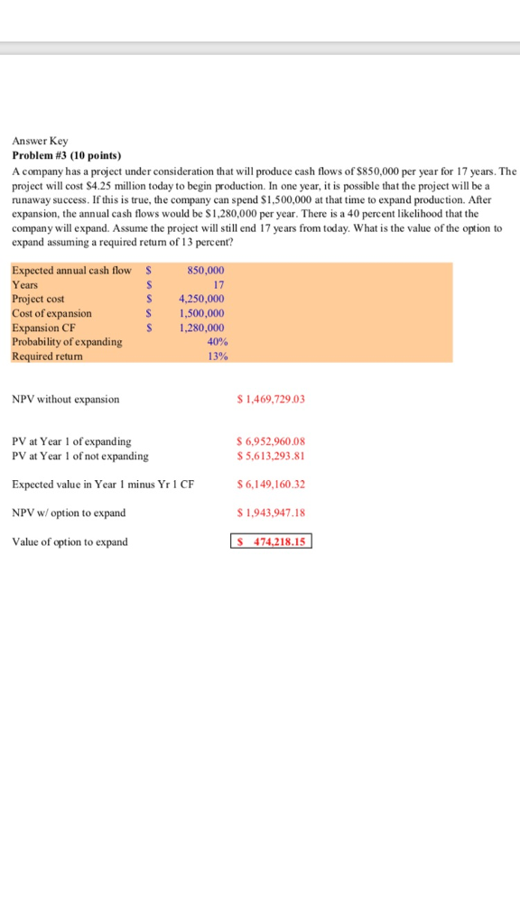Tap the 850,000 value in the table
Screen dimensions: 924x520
click(x=206, y=270)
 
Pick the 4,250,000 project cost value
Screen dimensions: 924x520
click(x=201, y=299)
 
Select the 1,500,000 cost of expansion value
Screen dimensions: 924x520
click(x=201, y=313)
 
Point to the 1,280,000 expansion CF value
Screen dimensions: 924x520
click(x=201, y=328)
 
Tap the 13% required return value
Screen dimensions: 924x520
click(x=216, y=356)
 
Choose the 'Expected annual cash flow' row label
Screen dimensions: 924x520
click(x=71, y=270)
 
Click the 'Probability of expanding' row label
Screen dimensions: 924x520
click(x=67, y=342)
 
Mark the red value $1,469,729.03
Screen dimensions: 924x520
click(x=270, y=399)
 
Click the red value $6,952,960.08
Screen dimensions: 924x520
click(x=270, y=441)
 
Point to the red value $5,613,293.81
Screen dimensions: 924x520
click(x=270, y=456)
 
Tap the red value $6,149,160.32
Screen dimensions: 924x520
click(x=270, y=485)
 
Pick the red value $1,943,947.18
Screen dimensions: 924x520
click(x=270, y=513)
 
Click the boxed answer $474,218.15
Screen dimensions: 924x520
click(x=272, y=541)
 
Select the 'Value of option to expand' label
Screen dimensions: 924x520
click(x=70, y=541)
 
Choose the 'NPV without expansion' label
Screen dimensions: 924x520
click(x=65, y=399)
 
